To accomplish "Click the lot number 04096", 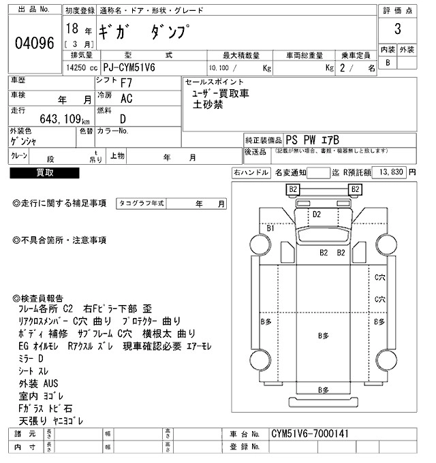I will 34,43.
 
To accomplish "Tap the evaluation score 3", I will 396,31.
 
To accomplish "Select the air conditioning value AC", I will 126,99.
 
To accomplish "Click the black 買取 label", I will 45,173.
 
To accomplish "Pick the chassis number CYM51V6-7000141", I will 310,433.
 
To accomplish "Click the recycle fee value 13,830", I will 390,173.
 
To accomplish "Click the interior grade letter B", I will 388,63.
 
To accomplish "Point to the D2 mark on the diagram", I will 317,214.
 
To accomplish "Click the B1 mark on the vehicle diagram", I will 270,229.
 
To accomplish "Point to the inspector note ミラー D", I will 31,357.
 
